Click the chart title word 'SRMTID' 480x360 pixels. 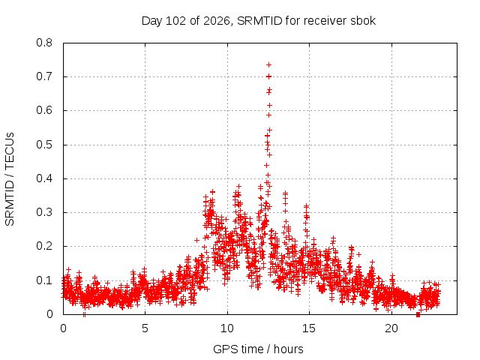click(259, 21)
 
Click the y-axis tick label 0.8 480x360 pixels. click(44, 43)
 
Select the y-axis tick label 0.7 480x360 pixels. click(44, 76)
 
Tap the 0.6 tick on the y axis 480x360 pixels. click(44, 110)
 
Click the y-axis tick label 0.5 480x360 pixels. click(44, 145)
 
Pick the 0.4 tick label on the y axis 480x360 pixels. click(44, 178)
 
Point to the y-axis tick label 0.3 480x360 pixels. click(44, 212)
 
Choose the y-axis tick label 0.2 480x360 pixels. click(44, 246)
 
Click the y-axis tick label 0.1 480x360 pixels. click(44, 280)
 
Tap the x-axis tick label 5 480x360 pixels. click(145, 328)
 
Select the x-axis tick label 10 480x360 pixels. click(227, 328)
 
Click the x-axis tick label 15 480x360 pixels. click(309, 328)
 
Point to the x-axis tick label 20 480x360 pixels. click(391, 328)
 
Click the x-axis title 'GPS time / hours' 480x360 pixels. click(258, 349)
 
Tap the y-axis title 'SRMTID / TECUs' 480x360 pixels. click(10, 179)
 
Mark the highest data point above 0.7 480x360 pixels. click(268, 65)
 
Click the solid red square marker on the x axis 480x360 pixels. click(418, 315)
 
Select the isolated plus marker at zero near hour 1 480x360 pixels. click(84, 314)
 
